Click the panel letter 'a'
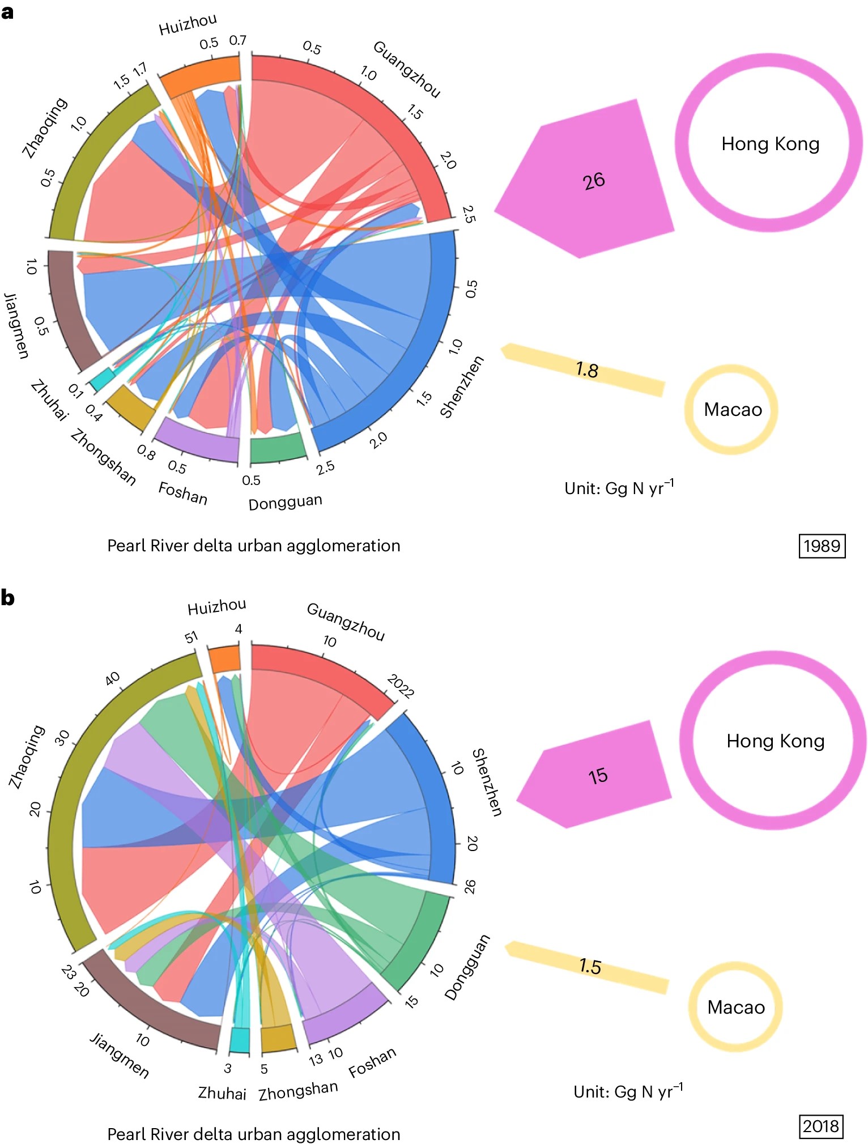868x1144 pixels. point(7,12)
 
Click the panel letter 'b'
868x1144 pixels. point(7,598)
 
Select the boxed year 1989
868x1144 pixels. point(822,546)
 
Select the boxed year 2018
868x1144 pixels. point(821,1125)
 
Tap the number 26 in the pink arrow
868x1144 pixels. point(594,181)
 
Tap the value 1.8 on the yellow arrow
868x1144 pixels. point(587,370)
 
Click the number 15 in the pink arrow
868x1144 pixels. point(598,776)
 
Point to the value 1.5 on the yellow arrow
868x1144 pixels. point(590,966)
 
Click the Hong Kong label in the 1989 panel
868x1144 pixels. point(770,144)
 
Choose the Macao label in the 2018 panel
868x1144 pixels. point(736,1007)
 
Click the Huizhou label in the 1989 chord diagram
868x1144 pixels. point(188,24)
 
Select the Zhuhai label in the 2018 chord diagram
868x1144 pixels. point(222,1092)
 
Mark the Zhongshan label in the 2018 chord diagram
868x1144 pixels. point(298,1090)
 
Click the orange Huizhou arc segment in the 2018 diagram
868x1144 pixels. point(224,659)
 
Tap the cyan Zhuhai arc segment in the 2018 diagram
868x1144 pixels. point(240,1040)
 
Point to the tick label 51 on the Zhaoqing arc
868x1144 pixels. point(192,637)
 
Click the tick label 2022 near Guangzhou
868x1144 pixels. point(401,686)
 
